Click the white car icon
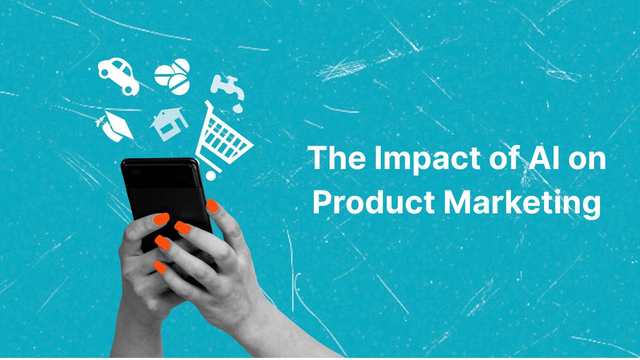tap(118, 76)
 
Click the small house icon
tap(169, 124)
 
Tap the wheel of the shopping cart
tap(211, 174)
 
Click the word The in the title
tap(332, 159)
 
